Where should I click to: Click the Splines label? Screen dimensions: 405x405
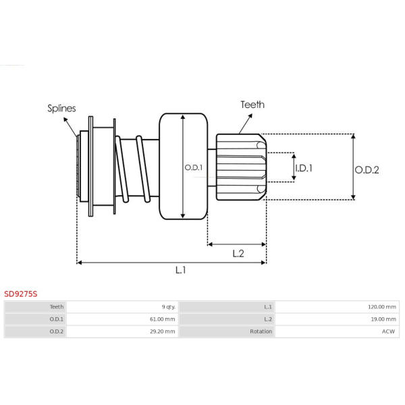(x=61, y=108)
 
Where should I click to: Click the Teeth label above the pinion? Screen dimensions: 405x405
(x=252, y=105)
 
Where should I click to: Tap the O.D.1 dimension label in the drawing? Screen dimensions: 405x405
(x=194, y=167)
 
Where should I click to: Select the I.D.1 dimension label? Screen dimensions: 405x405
(x=304, y=168)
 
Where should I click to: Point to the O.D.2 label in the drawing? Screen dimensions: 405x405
(x=367, y=170)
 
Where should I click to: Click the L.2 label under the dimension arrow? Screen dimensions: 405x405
(x=238, y=254)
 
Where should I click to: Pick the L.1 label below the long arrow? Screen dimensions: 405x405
(x=180, y=270)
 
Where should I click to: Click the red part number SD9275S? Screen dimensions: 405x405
(x=21, y=294)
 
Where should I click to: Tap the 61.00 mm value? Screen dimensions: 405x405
(x=163, y=319)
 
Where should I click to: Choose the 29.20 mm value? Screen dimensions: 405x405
(x=163, y=331)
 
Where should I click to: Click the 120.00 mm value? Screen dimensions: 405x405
(x=382, y=307)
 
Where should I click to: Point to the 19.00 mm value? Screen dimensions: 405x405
(x=383, y=319)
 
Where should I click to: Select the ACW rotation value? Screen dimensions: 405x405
(x=389, y=331)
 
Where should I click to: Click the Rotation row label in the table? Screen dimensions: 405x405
(x=261, y=331)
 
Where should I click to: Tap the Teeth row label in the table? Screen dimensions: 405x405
(x=57, y=307)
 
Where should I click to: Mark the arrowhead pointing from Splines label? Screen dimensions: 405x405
(x=65, y=120)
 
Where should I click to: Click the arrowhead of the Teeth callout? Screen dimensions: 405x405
(x=250, y=116)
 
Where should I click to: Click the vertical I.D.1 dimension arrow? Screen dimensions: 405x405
(x=294, y=167)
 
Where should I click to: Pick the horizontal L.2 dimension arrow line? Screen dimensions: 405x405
(x=237, y=244)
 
